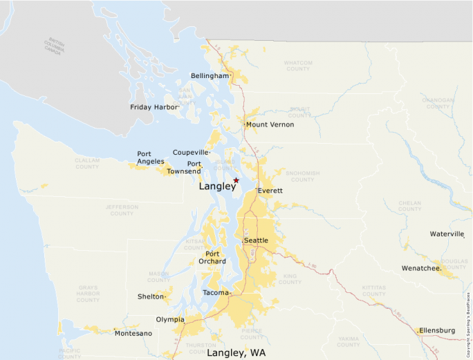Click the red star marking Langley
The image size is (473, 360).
point(236,180)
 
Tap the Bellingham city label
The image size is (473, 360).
point(210,75)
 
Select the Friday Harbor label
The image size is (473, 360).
point(154,107)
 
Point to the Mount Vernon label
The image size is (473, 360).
point(270,124)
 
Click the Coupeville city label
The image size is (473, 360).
point(190,152)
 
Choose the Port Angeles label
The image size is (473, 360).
point(151,158)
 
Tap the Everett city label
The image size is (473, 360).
point(270,190)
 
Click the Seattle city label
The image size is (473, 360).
point(256,240)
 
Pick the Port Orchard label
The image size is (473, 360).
point(211,257)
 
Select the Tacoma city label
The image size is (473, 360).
point(215,293)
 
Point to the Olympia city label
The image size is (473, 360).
point(170,319)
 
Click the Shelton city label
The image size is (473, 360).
point(151,296)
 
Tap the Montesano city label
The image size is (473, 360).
point(133,333)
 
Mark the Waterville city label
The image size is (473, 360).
point(447,234)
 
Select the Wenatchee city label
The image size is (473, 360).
point(421,267)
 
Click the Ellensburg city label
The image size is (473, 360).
point(437,330)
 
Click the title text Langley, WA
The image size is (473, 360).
point(236,352)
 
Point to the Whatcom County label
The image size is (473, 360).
point(297,66)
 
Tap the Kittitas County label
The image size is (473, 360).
point(374,290)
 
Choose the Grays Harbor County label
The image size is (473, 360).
point(88,293)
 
